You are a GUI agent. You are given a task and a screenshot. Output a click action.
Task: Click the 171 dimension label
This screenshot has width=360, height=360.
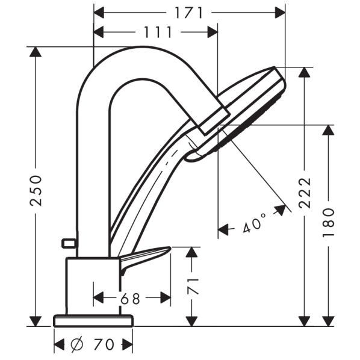click(188, 13)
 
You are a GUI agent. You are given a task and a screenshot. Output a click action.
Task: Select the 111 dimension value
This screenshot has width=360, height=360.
click(158, 32)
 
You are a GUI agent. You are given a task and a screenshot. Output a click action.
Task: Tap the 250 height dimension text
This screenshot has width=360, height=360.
click(36, 191)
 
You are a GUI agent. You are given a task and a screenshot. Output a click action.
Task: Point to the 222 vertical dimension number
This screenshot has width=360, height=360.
click(305, 193)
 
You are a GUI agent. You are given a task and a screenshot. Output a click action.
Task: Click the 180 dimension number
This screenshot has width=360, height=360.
click(328, 223)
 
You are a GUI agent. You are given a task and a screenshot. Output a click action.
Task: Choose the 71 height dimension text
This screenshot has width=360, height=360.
click(193, 287)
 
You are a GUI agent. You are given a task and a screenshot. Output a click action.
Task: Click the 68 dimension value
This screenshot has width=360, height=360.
click(130, 299)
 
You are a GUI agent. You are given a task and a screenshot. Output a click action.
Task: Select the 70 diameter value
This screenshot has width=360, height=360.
click(104, 344)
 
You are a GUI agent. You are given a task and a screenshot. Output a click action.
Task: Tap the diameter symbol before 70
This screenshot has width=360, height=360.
click(78, 344)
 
